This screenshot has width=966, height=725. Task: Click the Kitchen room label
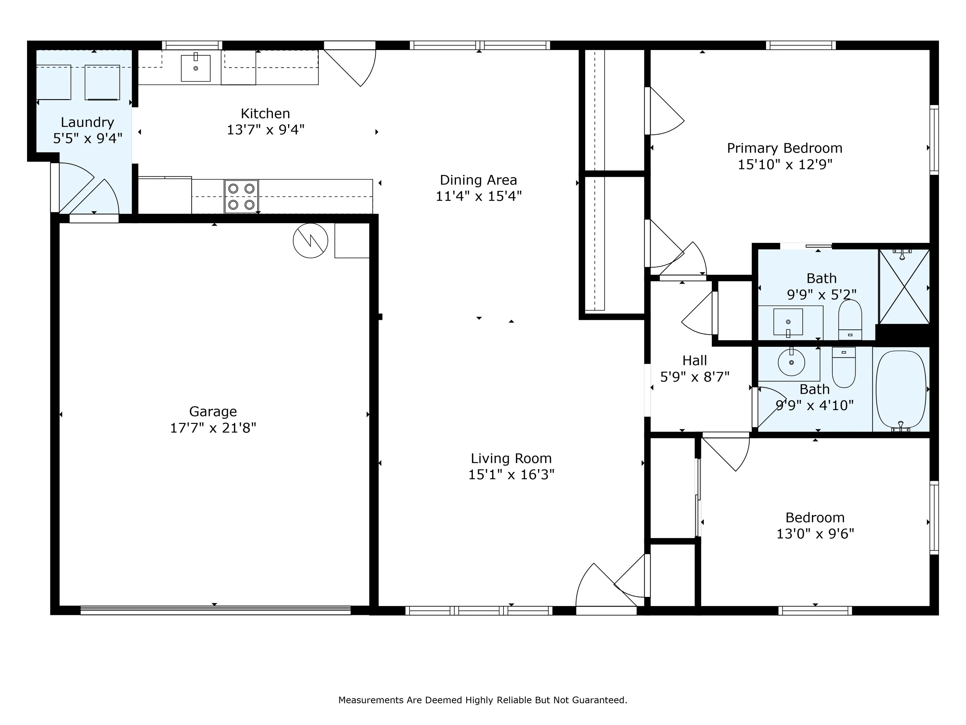pos(265,114)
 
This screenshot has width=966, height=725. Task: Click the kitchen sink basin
pos(196,68)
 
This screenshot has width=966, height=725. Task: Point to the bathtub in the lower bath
pos(901,389)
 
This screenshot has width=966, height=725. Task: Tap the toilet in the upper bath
pos(850,319)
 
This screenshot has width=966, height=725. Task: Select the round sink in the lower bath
pos(791,362)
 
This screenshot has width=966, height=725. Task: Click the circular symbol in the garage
pos(310,240)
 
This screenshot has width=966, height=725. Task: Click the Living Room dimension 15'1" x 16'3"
pos(511,474)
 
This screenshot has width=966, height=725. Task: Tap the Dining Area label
pos(478,180)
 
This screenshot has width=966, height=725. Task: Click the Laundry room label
pos(87,122)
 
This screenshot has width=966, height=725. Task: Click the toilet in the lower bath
pos(843,367)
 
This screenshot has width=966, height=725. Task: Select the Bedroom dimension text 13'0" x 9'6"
pos(815,534)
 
